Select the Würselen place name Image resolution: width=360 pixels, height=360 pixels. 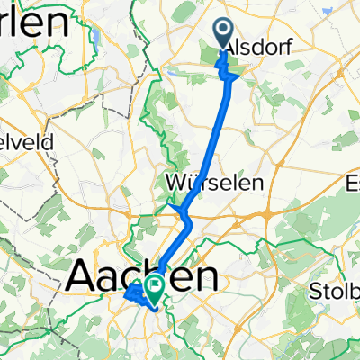(215, 183)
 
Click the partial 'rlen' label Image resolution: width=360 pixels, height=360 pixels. (31, 23)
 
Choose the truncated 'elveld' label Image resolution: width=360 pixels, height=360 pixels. (27, 141)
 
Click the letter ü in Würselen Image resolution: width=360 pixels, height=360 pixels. (193, 183)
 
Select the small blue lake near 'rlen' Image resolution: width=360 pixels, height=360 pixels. (94, 38)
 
